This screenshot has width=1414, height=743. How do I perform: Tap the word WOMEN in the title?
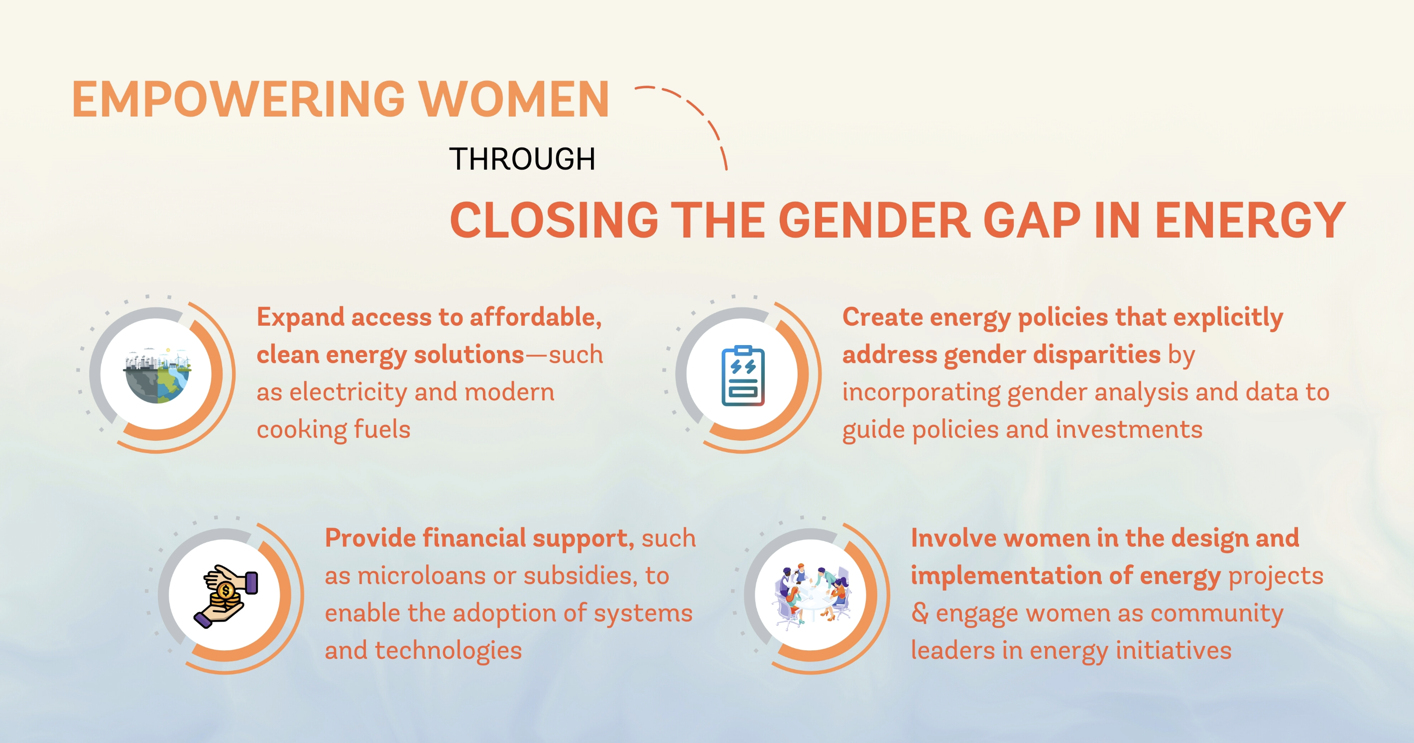tap(514, 100)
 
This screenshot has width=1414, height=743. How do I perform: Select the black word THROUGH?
tap(522, 159)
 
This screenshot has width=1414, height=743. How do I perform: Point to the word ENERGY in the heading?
tap(1250, 220)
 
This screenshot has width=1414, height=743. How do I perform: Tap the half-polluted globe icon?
tap(157, 374)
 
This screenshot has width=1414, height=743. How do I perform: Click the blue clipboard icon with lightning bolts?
tap(743, 375)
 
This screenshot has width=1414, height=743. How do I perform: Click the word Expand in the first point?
tap(300, 318)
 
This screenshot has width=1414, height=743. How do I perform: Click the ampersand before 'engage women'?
tap(920, 614)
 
